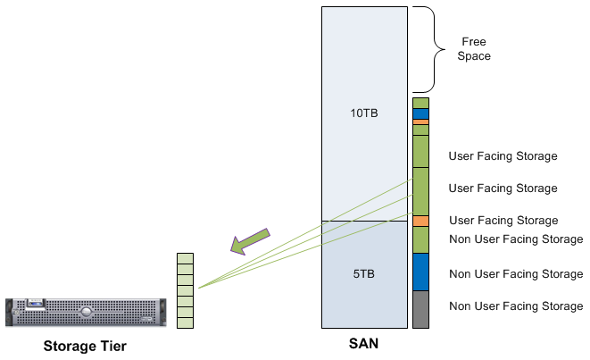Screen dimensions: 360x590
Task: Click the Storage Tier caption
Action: (x=85, y=346)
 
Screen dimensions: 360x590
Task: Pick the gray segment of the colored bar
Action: (x=421, y=309)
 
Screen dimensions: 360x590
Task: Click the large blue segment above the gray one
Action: (x=421, y=272)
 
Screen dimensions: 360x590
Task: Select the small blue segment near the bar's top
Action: (x=421, y=113)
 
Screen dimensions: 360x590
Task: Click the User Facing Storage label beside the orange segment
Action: (x=503, y=221)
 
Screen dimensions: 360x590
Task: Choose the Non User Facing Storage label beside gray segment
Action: (x=516, y=306)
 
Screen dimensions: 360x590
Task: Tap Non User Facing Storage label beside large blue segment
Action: (x=516, y=274)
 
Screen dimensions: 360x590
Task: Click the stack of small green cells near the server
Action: (x=185, y=291)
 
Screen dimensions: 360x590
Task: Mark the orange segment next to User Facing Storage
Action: (x=421, y=221)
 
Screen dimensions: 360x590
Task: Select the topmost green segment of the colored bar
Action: (x=421, y=103)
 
